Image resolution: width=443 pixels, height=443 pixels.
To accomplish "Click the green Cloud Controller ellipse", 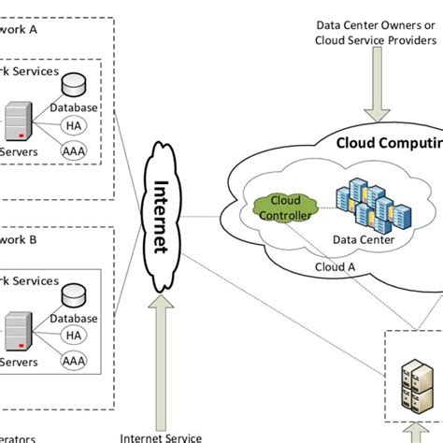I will tap(279, 207).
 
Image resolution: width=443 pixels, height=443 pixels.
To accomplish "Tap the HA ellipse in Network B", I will tap(73, 336).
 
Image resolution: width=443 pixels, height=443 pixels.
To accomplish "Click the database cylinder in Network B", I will tap(74, 296).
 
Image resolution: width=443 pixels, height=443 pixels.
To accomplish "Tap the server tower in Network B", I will tap(18, 334).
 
